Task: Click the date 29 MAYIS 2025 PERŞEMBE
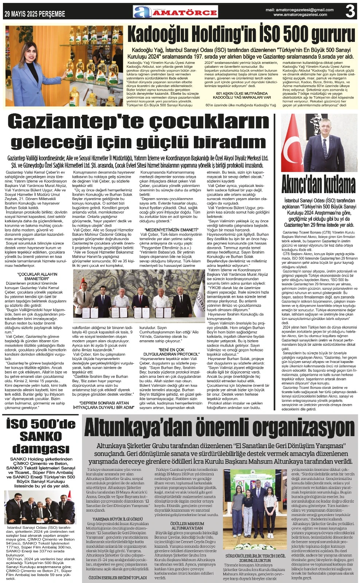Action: [x=35, y=14]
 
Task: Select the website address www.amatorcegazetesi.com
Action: [x=300, y=15]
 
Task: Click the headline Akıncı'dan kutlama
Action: [x=318, y=184]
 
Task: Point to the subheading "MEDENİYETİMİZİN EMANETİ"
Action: [x=171, y=230]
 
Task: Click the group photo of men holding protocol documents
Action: [x=138, y=297]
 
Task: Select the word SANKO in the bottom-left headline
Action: [x=40, y=436]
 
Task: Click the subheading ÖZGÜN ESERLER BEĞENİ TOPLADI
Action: [x=117, y=578]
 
